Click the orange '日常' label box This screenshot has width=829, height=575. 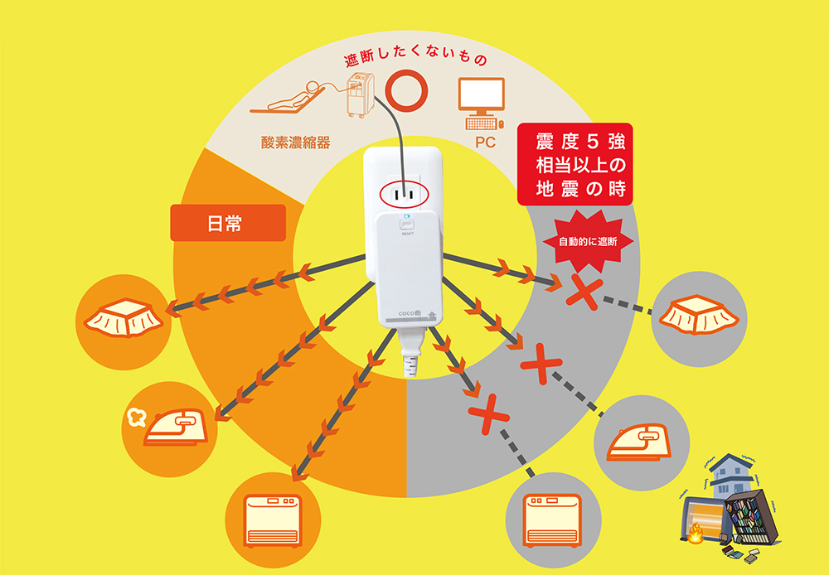click(x=228, y=223)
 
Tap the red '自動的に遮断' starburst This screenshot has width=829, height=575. click(x=588, y=242)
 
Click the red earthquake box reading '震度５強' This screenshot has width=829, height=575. click(x=574, y=164)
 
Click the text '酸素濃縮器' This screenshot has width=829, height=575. click(x=296, y=143)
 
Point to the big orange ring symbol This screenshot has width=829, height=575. click(x=405, y=91)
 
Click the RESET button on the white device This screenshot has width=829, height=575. click(x=408, y=225)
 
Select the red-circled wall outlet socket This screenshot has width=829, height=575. click(x=404, y=195)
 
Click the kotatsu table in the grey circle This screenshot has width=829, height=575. click(x=698, y=315)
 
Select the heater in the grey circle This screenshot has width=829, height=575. click(x=552, y=520)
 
